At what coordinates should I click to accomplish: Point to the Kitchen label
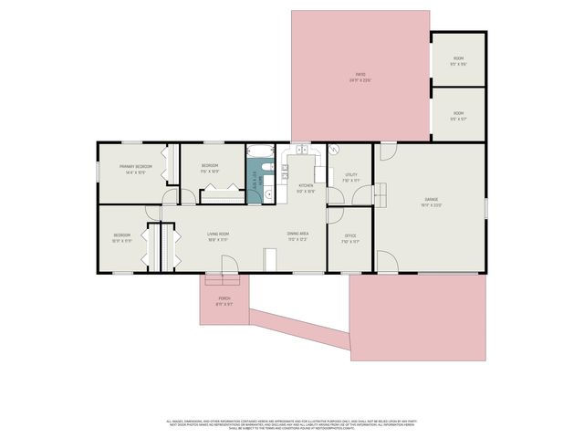click(x=306, y=188)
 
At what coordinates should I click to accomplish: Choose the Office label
click(x=349, y=239)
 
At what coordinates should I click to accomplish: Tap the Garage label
click(x=431, y=202)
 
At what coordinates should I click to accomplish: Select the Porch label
click(x=224, y=302)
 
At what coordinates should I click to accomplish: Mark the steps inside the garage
click(x=381, y=193)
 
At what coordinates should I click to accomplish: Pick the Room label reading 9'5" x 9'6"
click(x=458, y=61)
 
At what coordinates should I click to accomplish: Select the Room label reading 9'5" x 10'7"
click(x=458, y=116)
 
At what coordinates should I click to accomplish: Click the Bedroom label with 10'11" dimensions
click(x=123, y=237)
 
